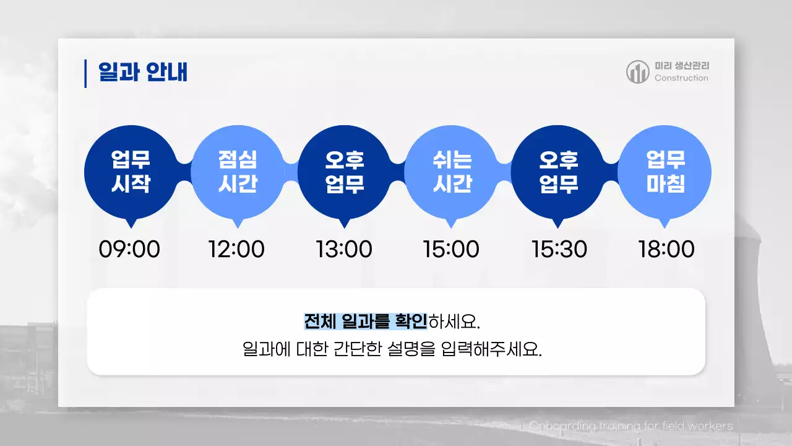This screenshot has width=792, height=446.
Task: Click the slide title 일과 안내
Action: [143, 72]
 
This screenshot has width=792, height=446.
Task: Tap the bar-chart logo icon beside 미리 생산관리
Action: [637, 72]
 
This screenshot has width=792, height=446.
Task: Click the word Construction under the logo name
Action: [681, 78]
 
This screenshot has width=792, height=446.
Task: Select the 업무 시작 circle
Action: [131, 172]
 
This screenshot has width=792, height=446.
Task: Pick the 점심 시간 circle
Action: [238, 172]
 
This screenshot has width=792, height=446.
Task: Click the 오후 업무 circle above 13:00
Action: [345, 172]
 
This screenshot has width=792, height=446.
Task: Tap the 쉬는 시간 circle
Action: [451, 172]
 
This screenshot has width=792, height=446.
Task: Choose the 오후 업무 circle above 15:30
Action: [558, 172]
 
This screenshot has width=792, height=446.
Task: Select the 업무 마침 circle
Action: [665, 172]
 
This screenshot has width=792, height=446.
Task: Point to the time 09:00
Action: [129, 250]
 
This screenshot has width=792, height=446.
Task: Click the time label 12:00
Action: [236, 250]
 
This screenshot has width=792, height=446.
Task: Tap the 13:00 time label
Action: [344, 250]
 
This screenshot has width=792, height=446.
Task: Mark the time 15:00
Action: [451, 250]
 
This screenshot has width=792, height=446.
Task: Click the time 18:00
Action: [666, 250]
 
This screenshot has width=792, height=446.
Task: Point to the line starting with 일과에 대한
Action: [392, 349]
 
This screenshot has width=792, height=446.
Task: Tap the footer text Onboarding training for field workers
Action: [631, 426]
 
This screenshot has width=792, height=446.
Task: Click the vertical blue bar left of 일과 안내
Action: [85, 73]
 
